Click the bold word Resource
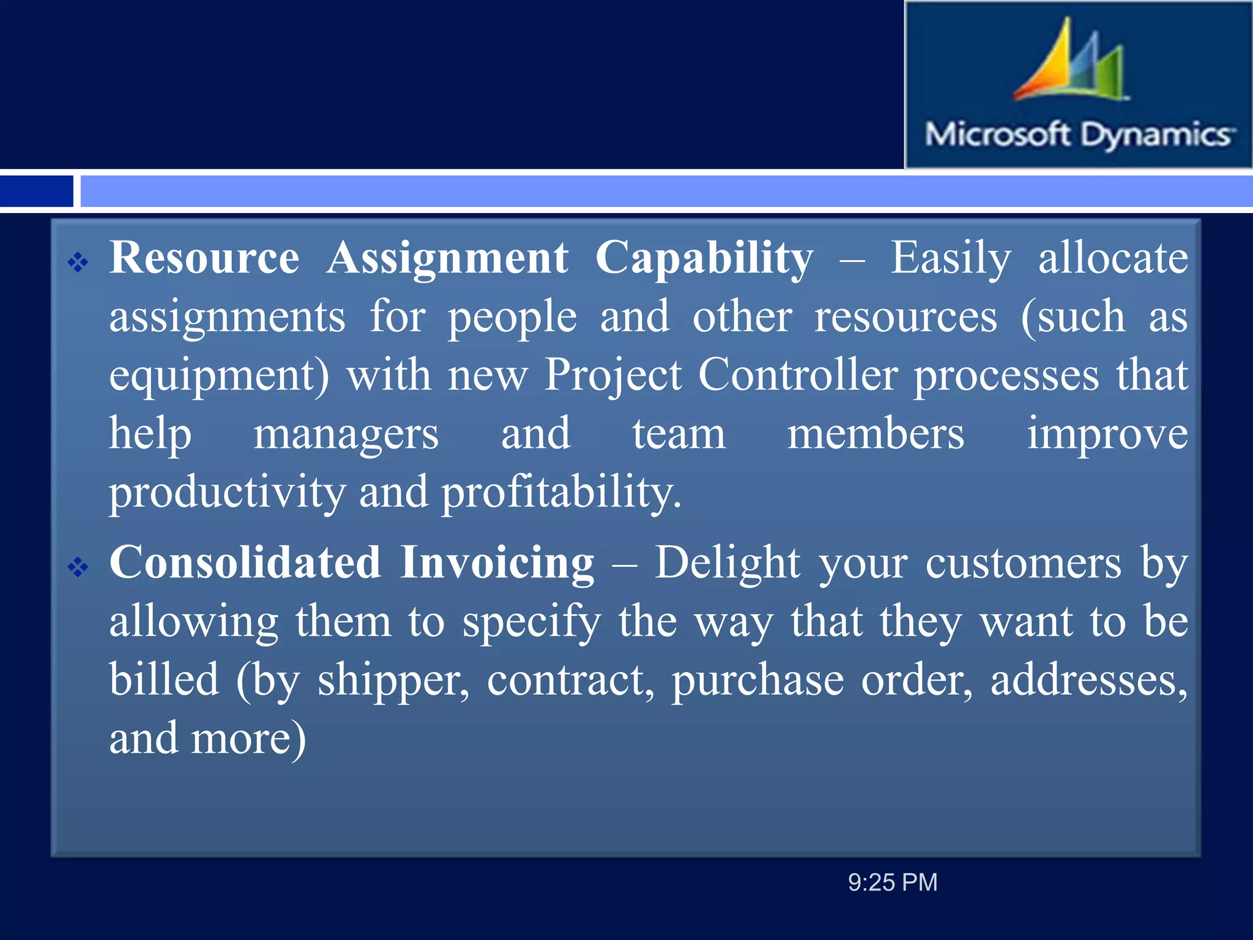pos(204,258)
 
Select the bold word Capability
pos(704,258)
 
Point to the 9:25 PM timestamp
pos(892,882)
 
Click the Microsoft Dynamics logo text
pos(1079,134)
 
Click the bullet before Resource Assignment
pos(78,263)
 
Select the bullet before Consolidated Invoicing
pos(78,567)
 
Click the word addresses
pos(1088,681)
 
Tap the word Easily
pos(950,258)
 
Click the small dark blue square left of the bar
pos(36,191)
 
